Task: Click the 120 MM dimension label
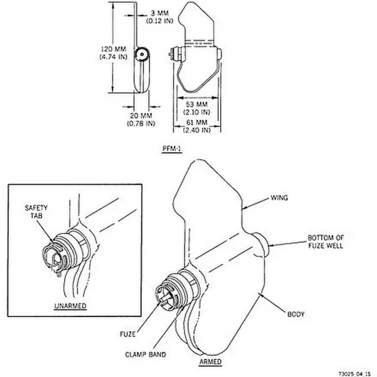[x=113, y=53]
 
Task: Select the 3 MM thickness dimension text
[x=160, y=17]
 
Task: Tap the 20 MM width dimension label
[x=141, y=119]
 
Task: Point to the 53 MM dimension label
[x=197, y=108]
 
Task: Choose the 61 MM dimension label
[x=197, y=127]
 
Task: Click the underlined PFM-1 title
[x=172, y=149]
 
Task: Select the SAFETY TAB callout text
[x=36, y=212]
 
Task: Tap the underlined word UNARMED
[x=70, y=306]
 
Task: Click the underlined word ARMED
[x=210, y=362]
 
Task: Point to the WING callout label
[x=279, y=198]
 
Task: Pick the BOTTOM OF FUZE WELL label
[x=326, y=242]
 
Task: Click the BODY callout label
[x=296, y=314]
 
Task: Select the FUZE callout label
[x=128, y=334]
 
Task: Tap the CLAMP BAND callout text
[x=145, y=354]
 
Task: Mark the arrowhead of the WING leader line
[x=243, y=208]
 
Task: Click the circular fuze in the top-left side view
[x=142, y=55]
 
